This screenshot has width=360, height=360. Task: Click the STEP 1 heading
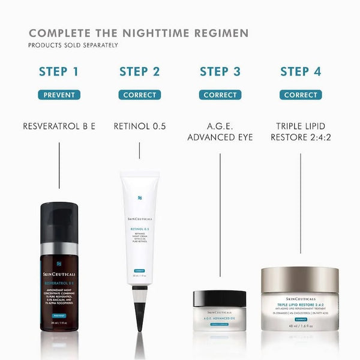(59, 72)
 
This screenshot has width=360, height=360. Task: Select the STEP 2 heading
(139, 72)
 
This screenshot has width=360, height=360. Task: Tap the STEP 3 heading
(220, 72)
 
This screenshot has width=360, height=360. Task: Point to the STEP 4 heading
(301, 72)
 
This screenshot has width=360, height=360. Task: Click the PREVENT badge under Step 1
(59, 95)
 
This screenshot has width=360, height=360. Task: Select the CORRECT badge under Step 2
(139, 95)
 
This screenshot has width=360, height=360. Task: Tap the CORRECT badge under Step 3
(220, 95)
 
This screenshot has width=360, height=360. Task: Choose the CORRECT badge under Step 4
(301, 95)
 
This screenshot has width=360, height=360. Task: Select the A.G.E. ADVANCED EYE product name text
(220, 132)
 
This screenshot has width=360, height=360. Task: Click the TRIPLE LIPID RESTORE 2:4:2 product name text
(301, 132)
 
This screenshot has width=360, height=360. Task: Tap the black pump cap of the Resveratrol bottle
(59, 222)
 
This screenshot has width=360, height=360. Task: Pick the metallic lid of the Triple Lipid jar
(300, 280)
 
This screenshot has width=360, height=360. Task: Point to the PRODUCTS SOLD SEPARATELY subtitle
(74, 45)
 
